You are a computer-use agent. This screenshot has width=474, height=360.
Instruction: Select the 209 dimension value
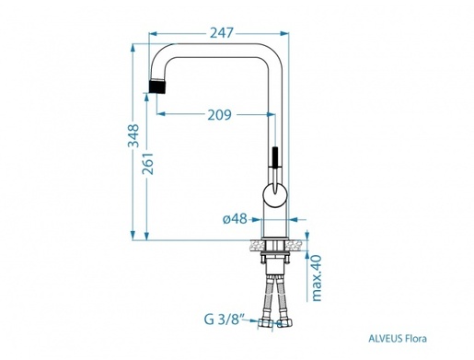pos(217,116)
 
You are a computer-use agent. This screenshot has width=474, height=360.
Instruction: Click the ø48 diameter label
pos(235,218)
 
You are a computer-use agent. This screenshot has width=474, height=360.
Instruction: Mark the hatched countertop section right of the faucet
pos(295,245)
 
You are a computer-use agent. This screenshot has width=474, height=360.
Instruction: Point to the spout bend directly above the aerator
pos(167,55)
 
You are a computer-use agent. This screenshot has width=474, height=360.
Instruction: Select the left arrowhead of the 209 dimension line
pos(163,116)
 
